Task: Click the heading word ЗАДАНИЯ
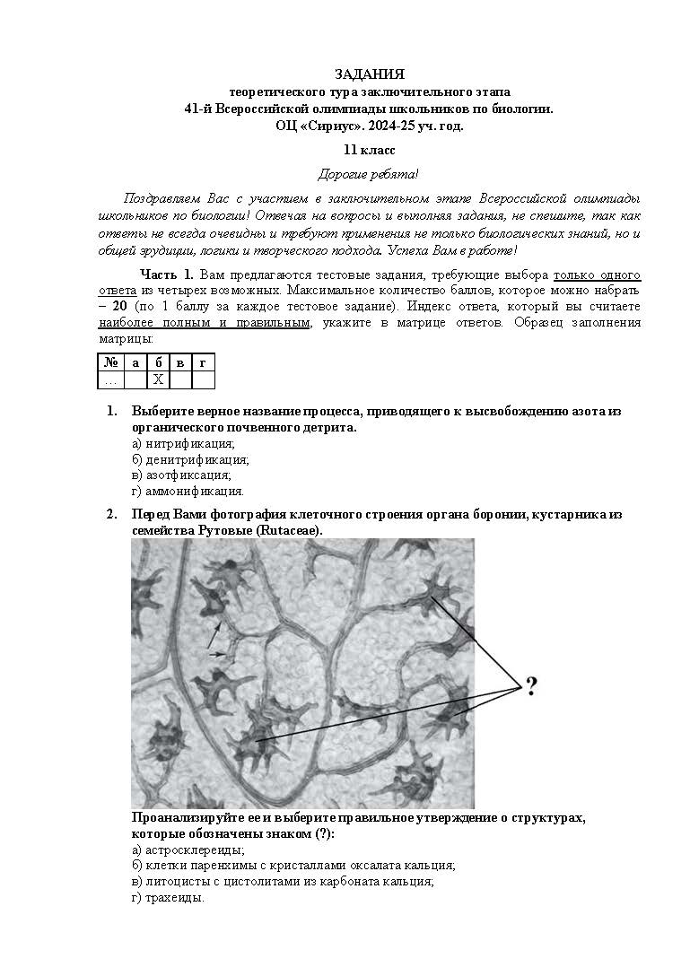pos(369,74)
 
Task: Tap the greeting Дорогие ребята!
pos(369,174)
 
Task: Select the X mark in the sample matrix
pos(158,379)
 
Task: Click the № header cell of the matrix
pos(110,362)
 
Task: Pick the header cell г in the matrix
pos(203,362)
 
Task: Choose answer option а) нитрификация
pos(183,443)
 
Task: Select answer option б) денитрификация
pos(190,459)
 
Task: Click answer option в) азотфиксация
pos(181,475)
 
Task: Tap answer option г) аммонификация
pos(188,492)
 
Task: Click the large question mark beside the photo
pos(531,687)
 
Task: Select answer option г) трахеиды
pos(168,898)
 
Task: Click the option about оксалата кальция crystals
pos(293,866)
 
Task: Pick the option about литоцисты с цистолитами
pos(283,882)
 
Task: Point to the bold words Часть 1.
pos(166,274)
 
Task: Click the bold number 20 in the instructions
pos(118,306)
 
